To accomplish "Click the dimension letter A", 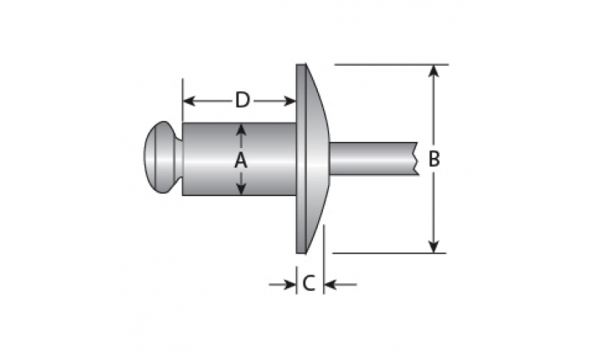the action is (x=241, y=161).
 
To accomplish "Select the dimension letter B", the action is (x=434, y=159).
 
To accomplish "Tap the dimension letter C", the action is (x=309, y=283).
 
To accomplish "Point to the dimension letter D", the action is (x=243, y=101).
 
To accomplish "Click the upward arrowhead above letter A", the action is (x=241, y=131).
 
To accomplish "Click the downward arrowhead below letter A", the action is (x=241, y=188).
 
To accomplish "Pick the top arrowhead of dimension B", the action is (x=434, y=72).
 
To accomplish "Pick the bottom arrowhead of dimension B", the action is (x=434, y=246).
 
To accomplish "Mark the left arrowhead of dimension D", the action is (x=189, y=101).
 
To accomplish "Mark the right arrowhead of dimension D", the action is (x=289, y=101).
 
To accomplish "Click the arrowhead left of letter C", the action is (x=289, y=285).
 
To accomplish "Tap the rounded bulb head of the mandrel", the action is (x=161, y=157).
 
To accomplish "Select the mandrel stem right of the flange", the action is (x=374, y=159).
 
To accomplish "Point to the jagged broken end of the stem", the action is (x=417, y=159).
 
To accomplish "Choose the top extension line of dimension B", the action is (x=392, y=65).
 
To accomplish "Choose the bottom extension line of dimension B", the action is (x=389, y=254).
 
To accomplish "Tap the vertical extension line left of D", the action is (x=183, y=100).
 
